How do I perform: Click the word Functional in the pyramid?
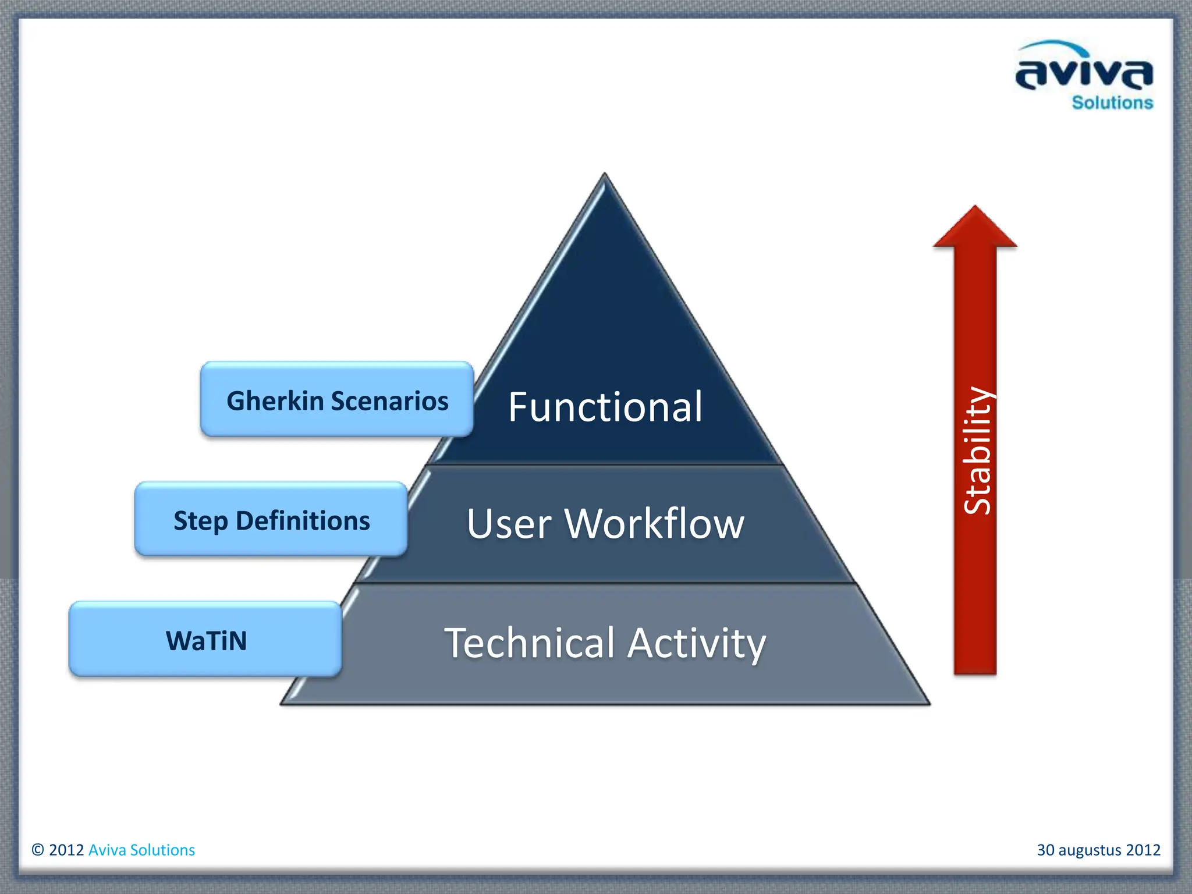point(605,407)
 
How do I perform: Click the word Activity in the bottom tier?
point(697,643)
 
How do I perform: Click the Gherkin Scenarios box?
point(337,399)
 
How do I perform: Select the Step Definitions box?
point(271,519)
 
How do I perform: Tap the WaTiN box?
point(205,639)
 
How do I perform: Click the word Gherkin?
point(275,401)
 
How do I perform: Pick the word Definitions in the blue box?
point(303,520)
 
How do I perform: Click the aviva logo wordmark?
point(1084,74)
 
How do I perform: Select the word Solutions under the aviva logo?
point(1112,103)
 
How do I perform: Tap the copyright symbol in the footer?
point(38,850)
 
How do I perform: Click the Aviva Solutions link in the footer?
point(141,850)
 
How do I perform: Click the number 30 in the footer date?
point(1045,850)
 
